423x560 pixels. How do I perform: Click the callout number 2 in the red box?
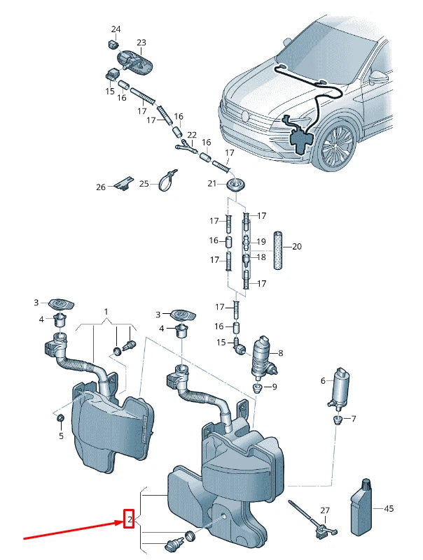pos(129,519)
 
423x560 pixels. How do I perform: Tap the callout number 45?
pos(389,508)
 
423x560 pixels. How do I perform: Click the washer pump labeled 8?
pos(265,356)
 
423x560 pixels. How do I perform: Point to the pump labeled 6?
pos(342,387)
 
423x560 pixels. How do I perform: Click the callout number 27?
pos(325,511)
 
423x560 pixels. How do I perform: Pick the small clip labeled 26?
pos(123,184)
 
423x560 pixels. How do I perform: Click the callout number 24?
pos(116,29)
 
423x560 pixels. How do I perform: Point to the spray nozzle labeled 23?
pos(139,61)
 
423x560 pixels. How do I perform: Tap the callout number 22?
pos(192,135)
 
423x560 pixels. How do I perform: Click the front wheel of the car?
pos(338,145)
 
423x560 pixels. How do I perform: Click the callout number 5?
pos(61,436)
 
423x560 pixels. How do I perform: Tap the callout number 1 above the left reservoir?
pos(106,310)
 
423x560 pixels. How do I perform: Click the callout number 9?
pos(273,387)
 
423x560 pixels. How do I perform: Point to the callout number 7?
pos(354,419)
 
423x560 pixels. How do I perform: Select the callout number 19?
pos(261,242)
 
